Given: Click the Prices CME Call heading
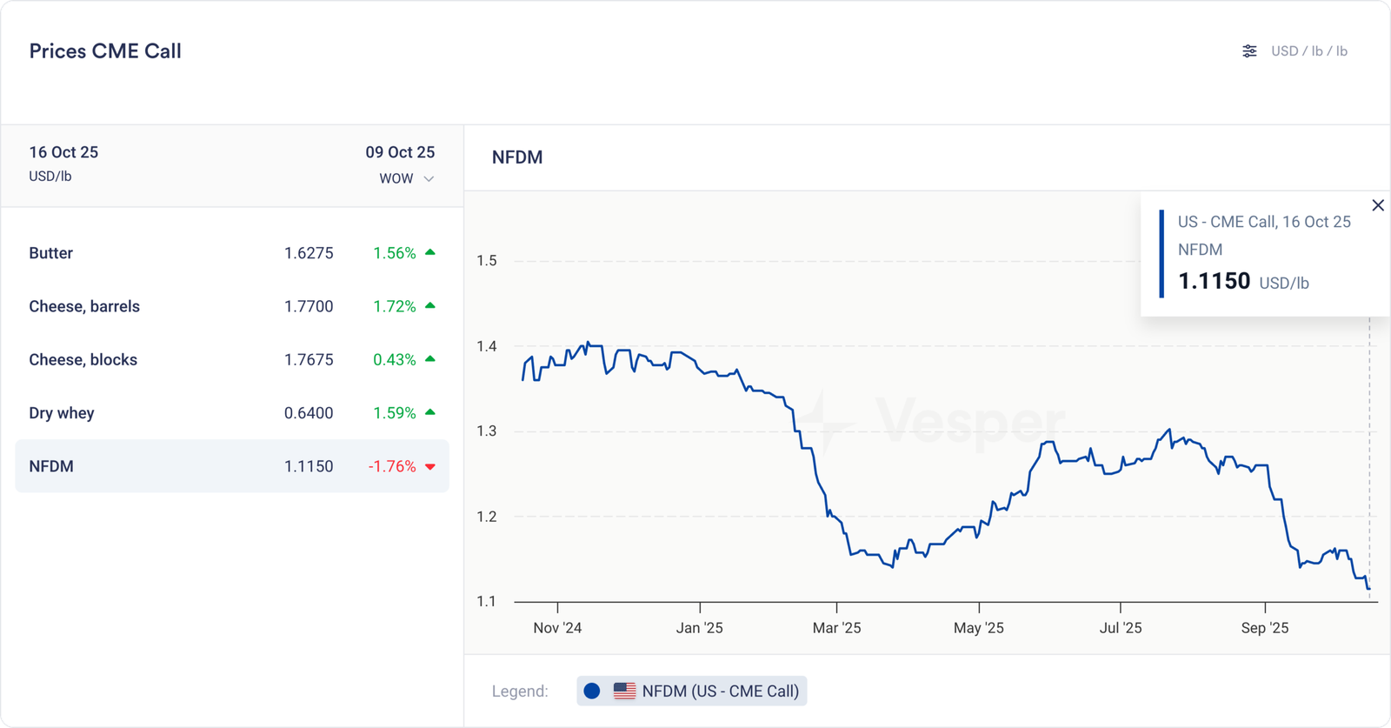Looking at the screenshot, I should click(105, 51).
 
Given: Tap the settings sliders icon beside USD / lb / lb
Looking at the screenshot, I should click(1249, 51).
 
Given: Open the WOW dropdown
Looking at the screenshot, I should click(406, 178).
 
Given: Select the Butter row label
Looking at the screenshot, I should click(51, 253).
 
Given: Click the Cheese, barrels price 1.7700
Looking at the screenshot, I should click(309, 306).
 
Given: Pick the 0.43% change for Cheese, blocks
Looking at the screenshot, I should click(395, 359).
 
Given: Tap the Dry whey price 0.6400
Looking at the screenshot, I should click(309, 413).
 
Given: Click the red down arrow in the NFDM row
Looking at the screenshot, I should click(430, 467).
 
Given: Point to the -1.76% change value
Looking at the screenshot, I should click(392, 466).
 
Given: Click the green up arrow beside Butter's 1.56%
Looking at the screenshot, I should click(430, 252).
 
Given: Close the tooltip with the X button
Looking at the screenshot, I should click(1378, 205).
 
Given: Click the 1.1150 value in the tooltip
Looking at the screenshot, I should click(1214, 281).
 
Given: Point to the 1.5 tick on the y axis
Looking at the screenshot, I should click(487, 260).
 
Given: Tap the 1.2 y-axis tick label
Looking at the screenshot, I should click(487, 517).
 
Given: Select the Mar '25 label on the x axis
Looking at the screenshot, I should click(836, 628).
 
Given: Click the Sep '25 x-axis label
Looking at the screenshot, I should click(1265, 628).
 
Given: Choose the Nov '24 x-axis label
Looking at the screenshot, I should click(557, 628).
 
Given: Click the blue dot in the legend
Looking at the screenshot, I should click(592, 691).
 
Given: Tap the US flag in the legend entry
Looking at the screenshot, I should click(624, 691).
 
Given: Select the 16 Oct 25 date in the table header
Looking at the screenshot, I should click(63, 152).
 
